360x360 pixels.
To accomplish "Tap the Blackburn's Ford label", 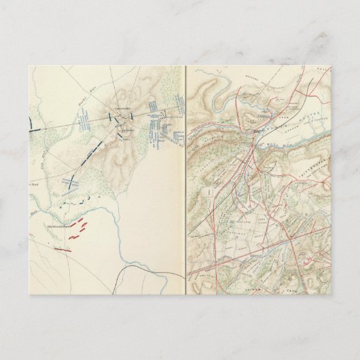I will click(x=57, y=226).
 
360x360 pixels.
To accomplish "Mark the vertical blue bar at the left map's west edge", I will click(x=31, y=123).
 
